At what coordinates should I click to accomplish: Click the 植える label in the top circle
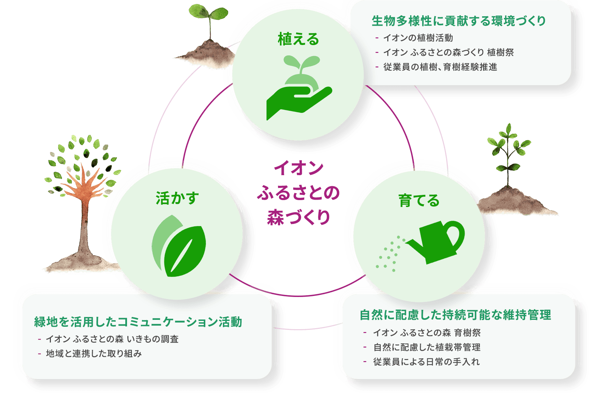(298, 39)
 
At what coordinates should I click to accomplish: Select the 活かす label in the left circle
(177, 198)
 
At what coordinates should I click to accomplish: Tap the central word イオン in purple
(298, 169)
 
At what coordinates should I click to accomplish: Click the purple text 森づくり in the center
(298, 217)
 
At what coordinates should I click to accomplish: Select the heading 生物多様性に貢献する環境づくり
(458, 21)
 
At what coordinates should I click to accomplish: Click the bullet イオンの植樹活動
(418, 38)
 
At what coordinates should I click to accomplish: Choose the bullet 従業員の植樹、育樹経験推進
(440, 67)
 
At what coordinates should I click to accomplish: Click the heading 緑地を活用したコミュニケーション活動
(138, 322)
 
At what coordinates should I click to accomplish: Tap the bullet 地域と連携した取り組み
(94, 353)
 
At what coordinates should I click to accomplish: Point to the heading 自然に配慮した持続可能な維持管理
(455, 315)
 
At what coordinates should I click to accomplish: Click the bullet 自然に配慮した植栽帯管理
(427, 347)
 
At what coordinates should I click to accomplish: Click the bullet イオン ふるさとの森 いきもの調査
(112, 339)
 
